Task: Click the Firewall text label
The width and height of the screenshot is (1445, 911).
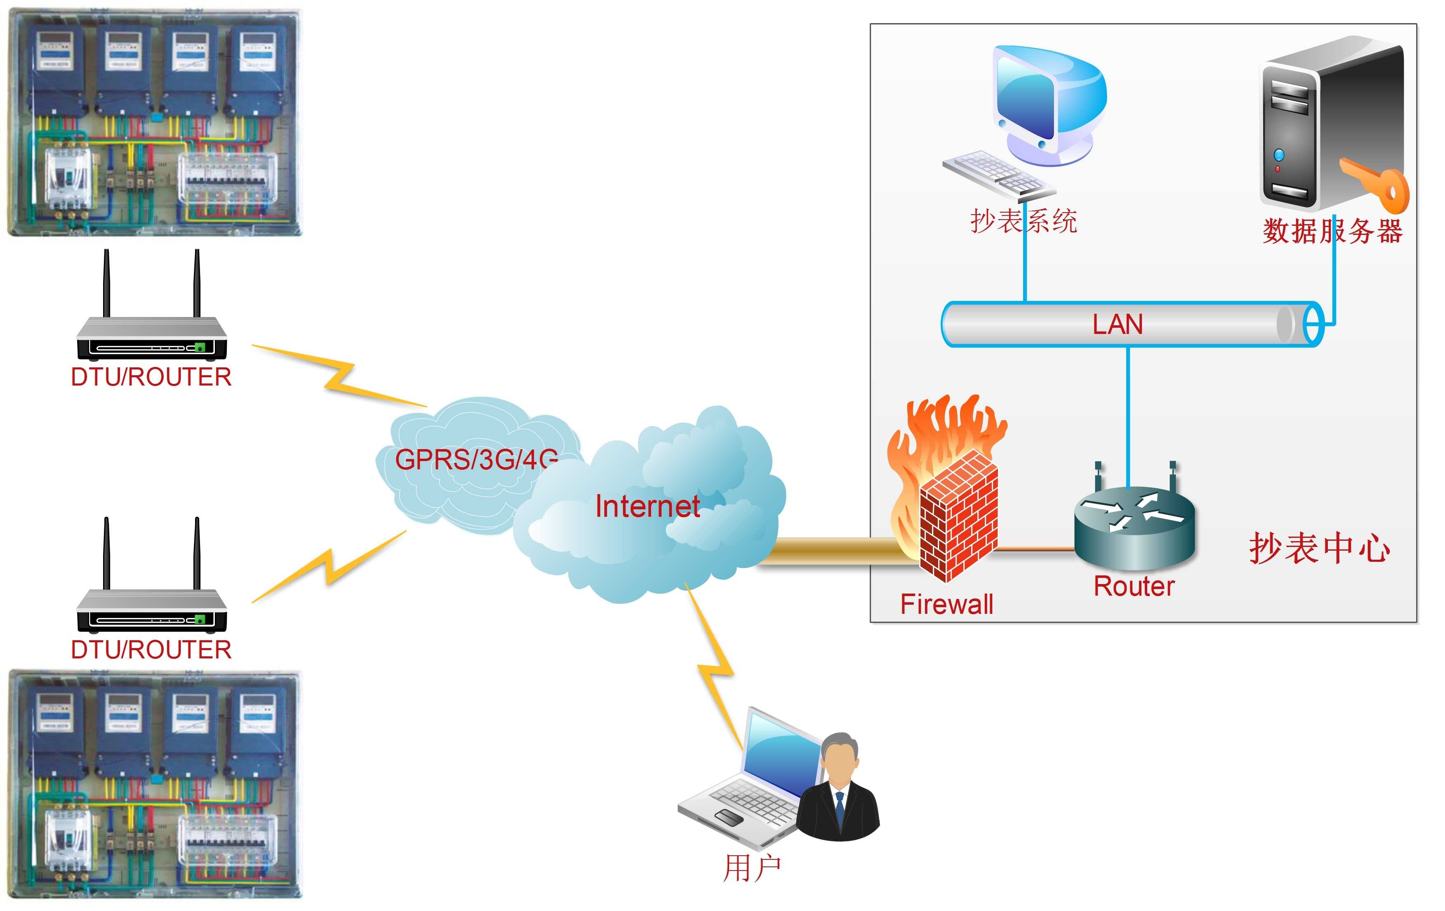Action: [946, 604]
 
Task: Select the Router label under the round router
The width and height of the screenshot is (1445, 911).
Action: [1134, 587]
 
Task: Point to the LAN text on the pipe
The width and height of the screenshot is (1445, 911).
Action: [1117, 324]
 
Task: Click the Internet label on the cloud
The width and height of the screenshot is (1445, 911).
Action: [647, 506]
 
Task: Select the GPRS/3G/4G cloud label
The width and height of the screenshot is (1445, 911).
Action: [476, 459]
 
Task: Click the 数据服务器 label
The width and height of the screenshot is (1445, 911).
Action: [1332, 231]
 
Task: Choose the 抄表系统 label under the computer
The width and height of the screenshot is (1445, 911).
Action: [1024, 221]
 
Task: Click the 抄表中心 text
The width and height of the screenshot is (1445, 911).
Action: [1319, 548]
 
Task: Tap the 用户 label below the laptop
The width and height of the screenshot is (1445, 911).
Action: [752, 868]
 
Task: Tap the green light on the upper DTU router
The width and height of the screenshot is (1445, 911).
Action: [200, 347]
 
